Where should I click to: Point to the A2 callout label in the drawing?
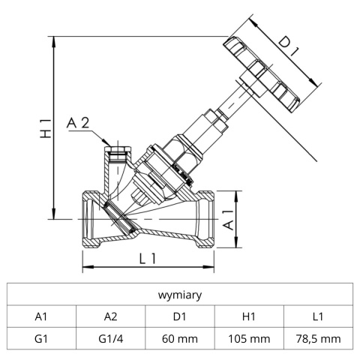80,124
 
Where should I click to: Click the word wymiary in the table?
180,295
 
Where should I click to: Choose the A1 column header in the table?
41,316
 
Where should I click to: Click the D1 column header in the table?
180,316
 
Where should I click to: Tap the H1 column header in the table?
250,316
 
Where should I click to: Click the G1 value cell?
41,339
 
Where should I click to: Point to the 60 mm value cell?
180,339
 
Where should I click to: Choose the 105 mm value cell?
250,339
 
